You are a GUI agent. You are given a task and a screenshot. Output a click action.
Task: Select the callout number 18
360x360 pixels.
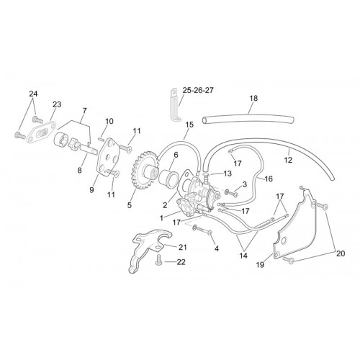coord(253,98)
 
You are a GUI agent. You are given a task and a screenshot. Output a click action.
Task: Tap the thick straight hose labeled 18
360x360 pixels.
coord(248,120)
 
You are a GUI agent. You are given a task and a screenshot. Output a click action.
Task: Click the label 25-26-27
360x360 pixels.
coord(198,90)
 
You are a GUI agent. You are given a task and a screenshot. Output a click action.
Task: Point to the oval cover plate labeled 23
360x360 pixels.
coord(41,132)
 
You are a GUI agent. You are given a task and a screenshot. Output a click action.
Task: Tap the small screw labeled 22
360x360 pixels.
coord(158,260)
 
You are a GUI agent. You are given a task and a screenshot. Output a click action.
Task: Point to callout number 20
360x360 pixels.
coord(341,253)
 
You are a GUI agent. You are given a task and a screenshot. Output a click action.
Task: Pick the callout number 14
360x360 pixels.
coord(243,256)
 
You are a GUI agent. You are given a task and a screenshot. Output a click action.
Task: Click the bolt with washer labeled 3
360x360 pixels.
coord(230,193)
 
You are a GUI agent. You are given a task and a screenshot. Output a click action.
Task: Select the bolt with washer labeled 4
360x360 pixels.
coord(202,230)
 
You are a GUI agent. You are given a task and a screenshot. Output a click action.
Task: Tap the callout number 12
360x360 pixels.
coord(288,160)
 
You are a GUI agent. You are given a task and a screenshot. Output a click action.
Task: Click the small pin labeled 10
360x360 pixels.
coord(101,138)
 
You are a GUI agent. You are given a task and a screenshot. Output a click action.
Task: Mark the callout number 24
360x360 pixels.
coord(33,94)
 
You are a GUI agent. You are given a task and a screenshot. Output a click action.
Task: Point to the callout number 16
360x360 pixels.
coord(269,179)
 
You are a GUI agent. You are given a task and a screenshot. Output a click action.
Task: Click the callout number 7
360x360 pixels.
coord(84,111)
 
